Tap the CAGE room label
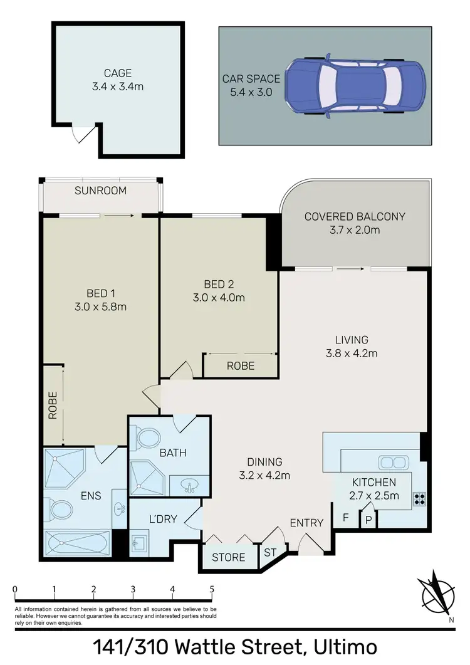pyautogui.click(x=118, y=73)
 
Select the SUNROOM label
pyautogui.click(x=100, y=191)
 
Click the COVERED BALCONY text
pyautogui.click(x=355, y=217)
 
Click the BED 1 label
pyautogui.click(x=101, y=293)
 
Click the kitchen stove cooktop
pyautogui.click(x=419, y=500)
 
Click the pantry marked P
pyautogui.click(x=368, y=520)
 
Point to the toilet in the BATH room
pyautogui.click(x=149, y=437)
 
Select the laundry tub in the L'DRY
pyautogui.click(x=140, y=542)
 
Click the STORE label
pyautogui.click(x=228, y=557)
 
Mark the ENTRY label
pyautogui.click(x=306, y=523)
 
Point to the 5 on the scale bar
pyautogui.click(x=212, y=589)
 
